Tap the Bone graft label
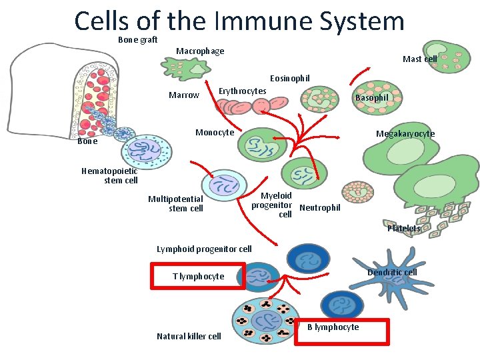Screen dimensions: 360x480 (137, 39)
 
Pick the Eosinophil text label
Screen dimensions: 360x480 (289, 78)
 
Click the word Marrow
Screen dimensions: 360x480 (183, 95)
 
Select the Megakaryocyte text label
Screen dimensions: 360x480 (405, 134)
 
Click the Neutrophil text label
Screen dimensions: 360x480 (320, 208)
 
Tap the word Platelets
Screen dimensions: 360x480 (403, 229)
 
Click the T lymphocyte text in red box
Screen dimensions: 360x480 (198, 276)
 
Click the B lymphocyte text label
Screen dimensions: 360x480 (333, 327)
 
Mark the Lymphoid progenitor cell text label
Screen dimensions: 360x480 (204, 249)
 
